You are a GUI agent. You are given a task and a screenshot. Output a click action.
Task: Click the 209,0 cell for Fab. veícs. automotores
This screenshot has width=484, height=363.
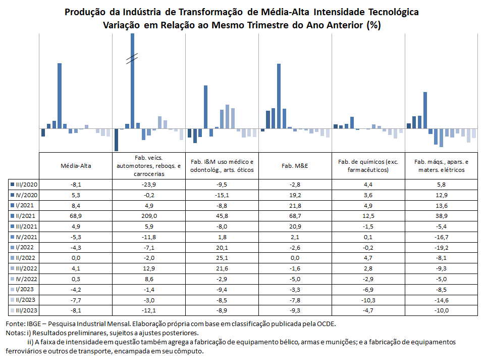(x=149, y=216)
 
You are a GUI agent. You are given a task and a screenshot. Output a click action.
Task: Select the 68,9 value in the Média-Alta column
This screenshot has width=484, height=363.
(x=76, y=216)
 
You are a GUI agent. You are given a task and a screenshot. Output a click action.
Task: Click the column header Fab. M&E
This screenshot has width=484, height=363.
(x=295, y=166)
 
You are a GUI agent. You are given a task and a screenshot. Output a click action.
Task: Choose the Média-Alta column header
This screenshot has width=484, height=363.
(x=76, y=166)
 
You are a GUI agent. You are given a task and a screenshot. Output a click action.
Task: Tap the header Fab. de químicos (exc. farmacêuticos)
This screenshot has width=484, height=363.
(x=368, y=166)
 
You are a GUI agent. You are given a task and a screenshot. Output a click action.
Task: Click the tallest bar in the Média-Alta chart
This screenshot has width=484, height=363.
(x=60, y=96)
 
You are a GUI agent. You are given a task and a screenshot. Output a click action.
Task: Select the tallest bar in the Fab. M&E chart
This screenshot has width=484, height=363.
(x=279, y=96)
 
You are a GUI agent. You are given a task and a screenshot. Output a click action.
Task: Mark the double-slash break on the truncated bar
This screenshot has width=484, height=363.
(x=132, y=59)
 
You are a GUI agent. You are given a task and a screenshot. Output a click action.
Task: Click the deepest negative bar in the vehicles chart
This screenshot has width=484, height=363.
(x=117, y=140)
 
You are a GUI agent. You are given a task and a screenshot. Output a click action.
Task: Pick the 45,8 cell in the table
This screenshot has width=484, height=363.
(x=222, y=216)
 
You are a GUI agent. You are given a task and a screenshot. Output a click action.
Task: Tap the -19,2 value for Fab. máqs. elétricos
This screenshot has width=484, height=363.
(x=442, y=248)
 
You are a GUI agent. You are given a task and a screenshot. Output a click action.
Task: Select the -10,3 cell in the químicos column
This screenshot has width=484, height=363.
(x=368, y=300)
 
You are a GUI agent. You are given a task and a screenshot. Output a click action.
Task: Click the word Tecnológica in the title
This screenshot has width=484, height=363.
(x=394, y=12)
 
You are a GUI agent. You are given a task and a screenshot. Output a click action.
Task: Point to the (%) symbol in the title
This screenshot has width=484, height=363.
(x=373, y=25)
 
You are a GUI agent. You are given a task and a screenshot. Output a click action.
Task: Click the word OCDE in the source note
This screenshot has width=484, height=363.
(x=327, y=324)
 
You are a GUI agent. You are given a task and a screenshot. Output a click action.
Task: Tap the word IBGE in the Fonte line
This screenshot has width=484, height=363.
(x=34, y=324)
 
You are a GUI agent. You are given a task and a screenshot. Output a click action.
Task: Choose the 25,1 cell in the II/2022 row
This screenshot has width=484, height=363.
(x=222, y=258)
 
